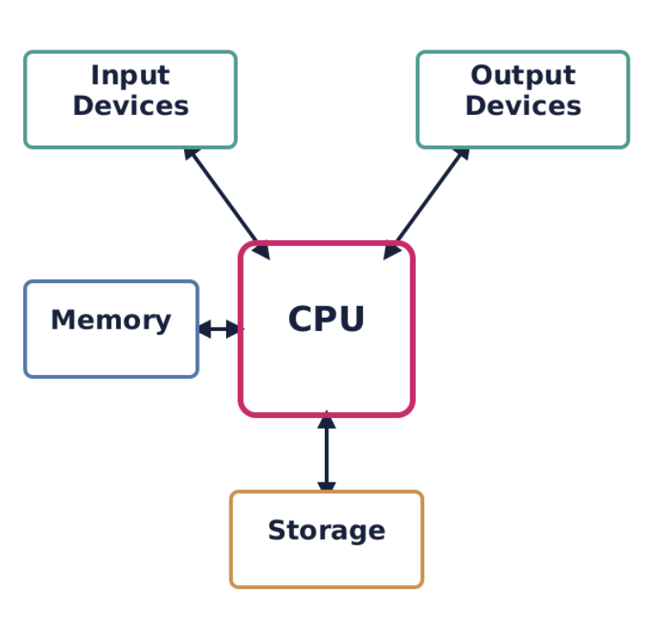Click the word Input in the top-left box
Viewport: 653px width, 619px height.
(x=130, y=75)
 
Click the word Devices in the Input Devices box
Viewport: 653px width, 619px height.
(x=130, y=106)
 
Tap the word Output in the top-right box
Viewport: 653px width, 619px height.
(x=522, y=75)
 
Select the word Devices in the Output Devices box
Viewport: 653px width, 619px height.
(x=522, y=106)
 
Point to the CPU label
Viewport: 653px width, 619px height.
(x=326, y=319)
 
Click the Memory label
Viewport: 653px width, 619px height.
(x=110, y=320)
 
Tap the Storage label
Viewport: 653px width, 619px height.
(x=326, y=530)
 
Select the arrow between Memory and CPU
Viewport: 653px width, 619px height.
(x=220, y=329)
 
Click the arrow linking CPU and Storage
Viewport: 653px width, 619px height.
(x=326, y=453)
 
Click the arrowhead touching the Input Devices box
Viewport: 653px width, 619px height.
(x=191, y=155)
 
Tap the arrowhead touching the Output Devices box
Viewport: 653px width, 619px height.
(x=462, y=155)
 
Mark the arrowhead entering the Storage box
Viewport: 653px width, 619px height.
(x=326, y=485)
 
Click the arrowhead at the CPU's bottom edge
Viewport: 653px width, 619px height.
(x=326, y=420)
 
